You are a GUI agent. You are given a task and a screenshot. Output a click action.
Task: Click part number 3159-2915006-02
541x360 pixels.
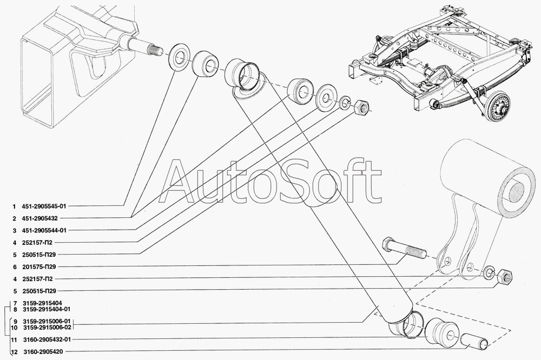pyautogui.click(x=47, y=328)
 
